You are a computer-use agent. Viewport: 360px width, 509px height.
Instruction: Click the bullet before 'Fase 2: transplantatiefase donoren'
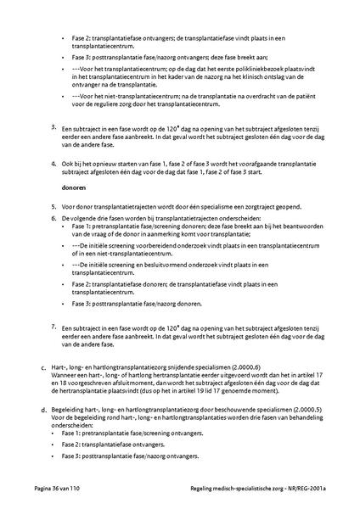pos(65,284)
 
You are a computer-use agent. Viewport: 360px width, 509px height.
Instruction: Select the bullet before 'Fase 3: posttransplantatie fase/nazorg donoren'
pos(65,303)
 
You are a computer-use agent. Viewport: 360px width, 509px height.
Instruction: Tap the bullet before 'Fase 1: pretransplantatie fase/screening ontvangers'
pos(65,433)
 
